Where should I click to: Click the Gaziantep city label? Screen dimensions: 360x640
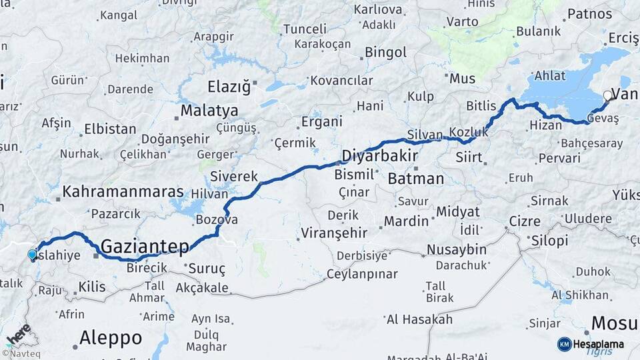(145, 247)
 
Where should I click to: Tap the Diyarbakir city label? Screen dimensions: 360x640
(379, 156)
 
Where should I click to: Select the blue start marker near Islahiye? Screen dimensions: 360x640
(32, 254)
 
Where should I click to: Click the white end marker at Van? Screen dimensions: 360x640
(607, 95)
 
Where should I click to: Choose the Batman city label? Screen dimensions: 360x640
(415, 178)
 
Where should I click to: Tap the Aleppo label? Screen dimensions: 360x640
(110, 337)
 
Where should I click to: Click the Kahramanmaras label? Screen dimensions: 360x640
(123, 192)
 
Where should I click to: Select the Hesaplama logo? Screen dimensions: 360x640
(591, 344)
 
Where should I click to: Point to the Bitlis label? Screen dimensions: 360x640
(481, 106)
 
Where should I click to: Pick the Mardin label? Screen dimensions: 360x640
(406, 221)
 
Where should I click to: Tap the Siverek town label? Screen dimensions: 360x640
(233, 177)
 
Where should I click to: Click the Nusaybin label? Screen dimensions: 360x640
(456, 249)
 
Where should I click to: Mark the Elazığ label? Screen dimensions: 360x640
(228, 87)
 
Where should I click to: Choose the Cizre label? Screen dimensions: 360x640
(524, 221)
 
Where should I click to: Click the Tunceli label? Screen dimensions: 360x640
(305, 29)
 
